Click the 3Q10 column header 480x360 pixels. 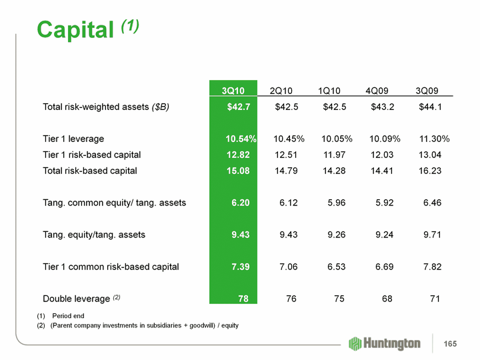233,91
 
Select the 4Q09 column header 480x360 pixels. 377,91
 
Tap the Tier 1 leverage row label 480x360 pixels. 73,139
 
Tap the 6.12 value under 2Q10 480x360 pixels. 289,203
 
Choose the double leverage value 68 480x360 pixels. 385,299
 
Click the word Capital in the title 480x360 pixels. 75,29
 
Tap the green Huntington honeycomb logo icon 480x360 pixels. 355,343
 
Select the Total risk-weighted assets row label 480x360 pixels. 106,107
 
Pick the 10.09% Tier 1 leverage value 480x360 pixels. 384,139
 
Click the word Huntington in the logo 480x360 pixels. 393,343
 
